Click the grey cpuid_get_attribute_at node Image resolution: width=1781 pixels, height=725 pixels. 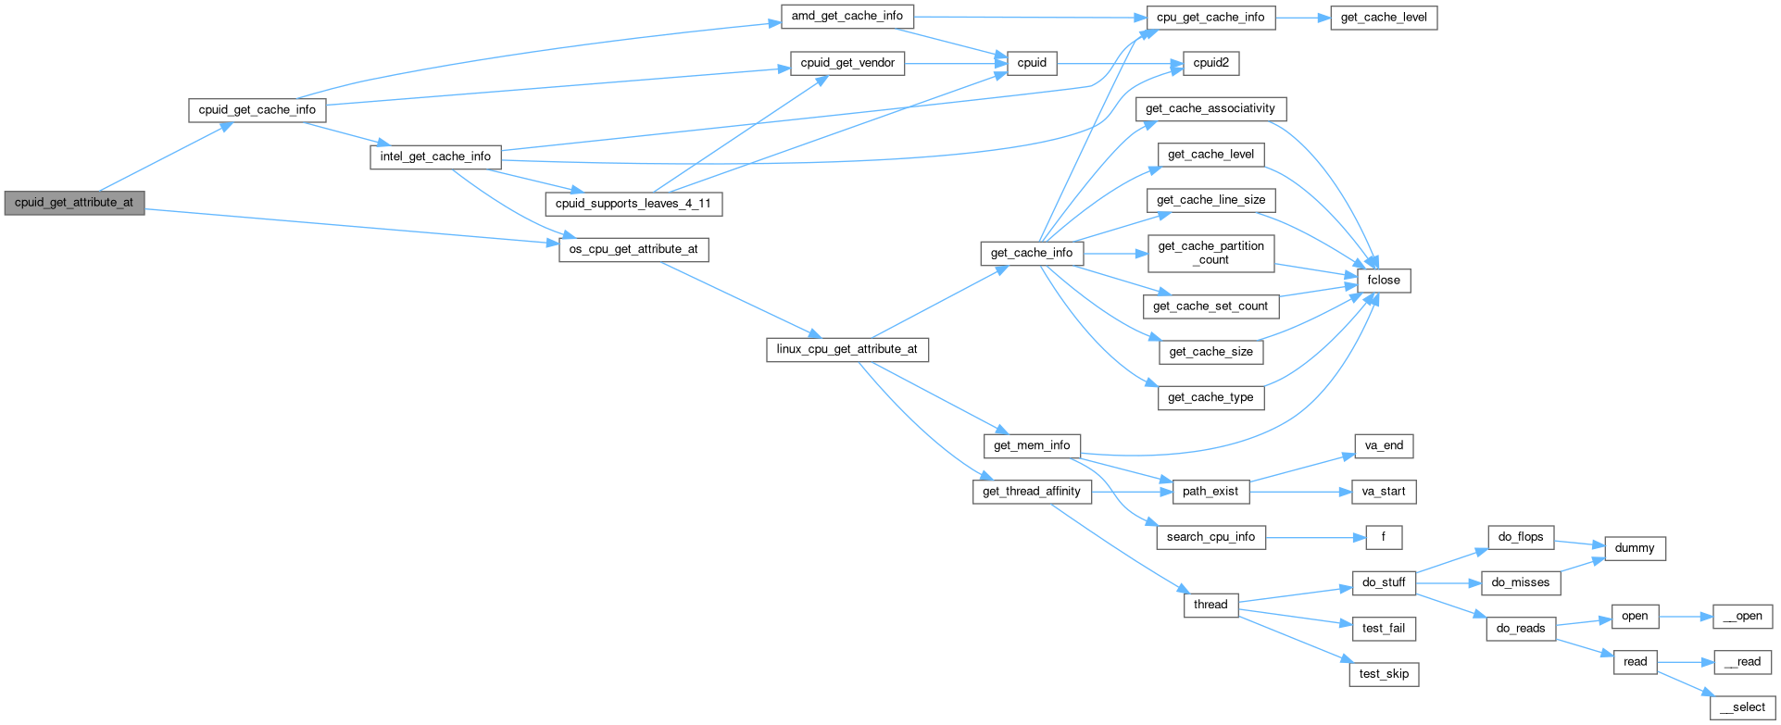(74, 203)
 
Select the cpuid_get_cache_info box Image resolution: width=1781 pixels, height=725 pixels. (257, 110)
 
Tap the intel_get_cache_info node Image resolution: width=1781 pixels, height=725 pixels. (435, 156)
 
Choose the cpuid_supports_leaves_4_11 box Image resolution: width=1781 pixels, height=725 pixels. (633, 204)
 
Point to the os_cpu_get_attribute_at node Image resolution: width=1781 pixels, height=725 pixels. (633, 249)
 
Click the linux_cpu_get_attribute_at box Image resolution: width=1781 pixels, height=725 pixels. (847, 349)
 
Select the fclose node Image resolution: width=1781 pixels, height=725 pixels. (1384, 281)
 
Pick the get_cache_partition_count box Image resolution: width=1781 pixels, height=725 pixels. (1210, 253)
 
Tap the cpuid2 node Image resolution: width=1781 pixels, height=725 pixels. (1210, 63)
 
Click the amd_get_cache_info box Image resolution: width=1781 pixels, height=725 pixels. (847, 17)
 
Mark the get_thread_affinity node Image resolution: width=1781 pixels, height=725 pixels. (1031, 492)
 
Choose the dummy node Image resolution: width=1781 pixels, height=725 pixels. (1634, 548)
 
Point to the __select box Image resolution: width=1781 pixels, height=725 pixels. (1742, 707)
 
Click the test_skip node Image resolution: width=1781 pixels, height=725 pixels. (1384, 674)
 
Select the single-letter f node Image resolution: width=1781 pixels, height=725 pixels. (1384, 537)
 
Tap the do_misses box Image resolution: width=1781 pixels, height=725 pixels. (1520, 582)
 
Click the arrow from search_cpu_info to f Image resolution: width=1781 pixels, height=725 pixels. (1315, 537)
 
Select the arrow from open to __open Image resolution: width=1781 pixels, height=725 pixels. (1686, 617)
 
